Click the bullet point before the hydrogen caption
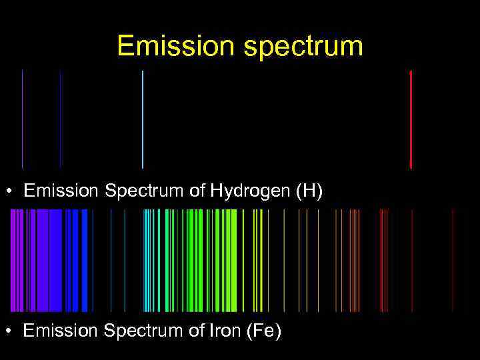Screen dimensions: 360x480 12,193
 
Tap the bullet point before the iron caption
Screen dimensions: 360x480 12,331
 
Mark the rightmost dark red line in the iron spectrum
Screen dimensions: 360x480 453,260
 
